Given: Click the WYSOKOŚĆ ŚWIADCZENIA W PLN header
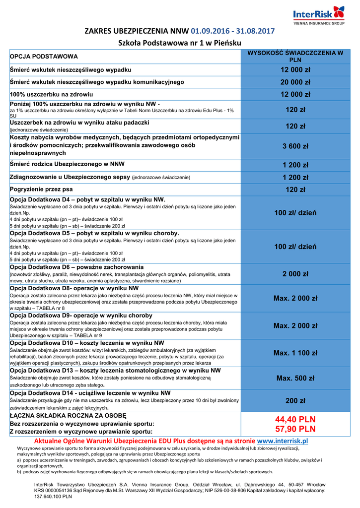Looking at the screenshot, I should pos(295,56).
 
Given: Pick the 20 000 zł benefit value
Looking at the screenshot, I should pos(295,82).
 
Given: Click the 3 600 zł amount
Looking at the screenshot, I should pos(295,146).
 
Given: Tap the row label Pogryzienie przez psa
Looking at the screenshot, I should pos(41,190).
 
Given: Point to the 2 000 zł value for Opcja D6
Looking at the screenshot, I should pos(295,274).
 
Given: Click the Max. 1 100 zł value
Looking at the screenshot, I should pos(295,353).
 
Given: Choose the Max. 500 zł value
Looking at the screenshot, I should pos(295,378).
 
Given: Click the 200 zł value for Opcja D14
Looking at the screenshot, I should pos(295,401).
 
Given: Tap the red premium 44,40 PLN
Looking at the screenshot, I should pos(295,420).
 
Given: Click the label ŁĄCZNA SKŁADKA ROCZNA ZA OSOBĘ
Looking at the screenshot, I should pos(68,416).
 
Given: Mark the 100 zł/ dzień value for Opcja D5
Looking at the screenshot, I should pos(295,247).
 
